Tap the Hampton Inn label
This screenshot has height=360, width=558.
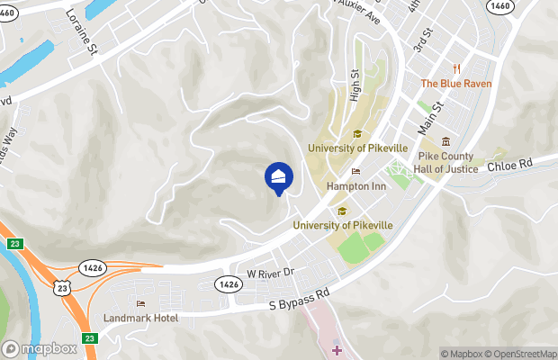click(x=355, y=186)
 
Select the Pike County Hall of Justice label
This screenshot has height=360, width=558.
click(x=447, y=161)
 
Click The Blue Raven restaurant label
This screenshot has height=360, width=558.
click(x=456, y=84)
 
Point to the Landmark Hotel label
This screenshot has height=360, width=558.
click(x=142, y=318)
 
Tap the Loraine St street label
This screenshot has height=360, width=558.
click(x=81, y=34)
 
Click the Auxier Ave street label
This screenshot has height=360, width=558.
click(x=361, y=12)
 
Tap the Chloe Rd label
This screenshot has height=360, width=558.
click(x=510, y=164)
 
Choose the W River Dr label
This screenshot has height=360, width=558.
click(x=270, y=272)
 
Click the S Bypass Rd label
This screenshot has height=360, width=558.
click(x=301, y=300)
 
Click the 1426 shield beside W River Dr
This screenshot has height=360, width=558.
click(x=229, y=283)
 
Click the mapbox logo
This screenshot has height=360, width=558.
click(x=40, y=348)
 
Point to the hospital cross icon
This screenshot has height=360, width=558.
click(x=337, y=349)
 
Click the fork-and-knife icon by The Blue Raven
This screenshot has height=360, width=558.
click(x=457, y=68)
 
